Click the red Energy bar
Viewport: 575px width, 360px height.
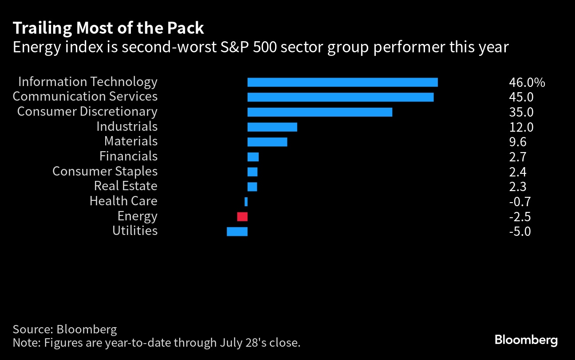pos(242,217)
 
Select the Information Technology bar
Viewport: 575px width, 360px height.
pos(343,82)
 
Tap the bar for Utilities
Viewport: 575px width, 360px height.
pos(237,232)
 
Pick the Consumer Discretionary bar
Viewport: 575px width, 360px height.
pos(320,112)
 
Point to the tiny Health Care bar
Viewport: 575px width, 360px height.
pos(246,202)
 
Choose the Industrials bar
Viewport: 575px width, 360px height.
pos(272,127)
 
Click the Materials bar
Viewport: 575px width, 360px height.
pos(267,142)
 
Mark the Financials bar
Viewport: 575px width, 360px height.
pos(253,157)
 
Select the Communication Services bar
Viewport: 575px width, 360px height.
pos(341,97)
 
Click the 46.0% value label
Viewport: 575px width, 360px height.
pos(527,82)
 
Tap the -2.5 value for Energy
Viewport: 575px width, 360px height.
pos(520,217)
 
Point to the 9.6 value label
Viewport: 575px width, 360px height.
pos(518,142)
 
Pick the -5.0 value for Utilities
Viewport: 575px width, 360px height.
pos(520,231)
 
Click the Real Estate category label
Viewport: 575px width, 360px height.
pos(126,186)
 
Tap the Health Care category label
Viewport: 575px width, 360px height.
pos(123,201)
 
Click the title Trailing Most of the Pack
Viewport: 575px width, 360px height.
pos(108,28)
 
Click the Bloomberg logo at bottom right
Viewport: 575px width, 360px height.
pos(526,340)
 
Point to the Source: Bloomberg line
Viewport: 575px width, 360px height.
pos(65,329)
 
